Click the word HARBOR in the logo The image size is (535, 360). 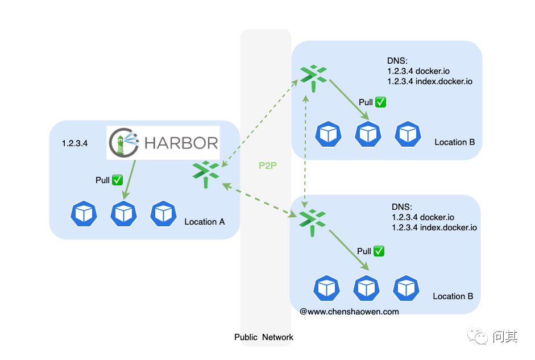(181, 142)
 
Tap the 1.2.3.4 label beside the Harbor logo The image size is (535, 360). (74, 143)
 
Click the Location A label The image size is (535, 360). (205, 222)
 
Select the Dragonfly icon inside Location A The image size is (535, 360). (205, 173)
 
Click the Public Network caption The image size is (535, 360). (264, 337)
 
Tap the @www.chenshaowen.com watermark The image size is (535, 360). (349, 312)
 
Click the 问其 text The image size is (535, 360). (505, 337)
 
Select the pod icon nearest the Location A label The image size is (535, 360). (163, 213)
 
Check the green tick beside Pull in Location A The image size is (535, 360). (118, 180)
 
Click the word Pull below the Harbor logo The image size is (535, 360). (102, 180)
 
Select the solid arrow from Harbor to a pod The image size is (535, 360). (130, 179)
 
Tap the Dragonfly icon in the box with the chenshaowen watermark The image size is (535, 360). (312, 221)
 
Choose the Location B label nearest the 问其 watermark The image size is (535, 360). (453, 296)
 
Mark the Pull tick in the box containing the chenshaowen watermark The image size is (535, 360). (379, 251)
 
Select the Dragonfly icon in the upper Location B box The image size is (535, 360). (313, 76)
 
